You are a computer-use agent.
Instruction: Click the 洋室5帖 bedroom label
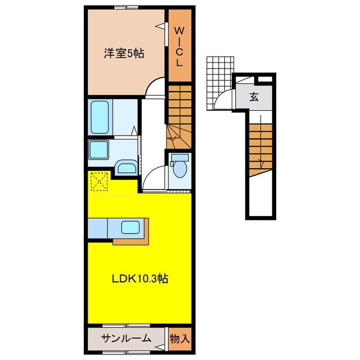pos(123,53)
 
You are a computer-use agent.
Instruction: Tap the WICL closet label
pos(178,46)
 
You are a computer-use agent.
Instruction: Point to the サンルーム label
pos(126,338)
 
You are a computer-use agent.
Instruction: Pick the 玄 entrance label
pos(254,97)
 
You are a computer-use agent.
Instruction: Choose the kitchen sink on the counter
pos(131,227)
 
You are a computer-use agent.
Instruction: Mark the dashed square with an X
pos(100,181)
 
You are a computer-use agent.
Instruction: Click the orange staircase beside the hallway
pos(178,112)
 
